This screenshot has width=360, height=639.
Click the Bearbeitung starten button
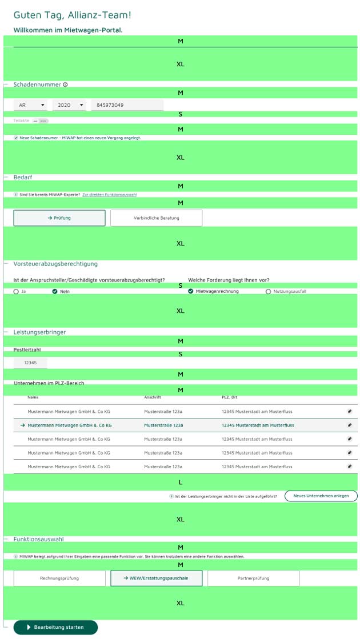[55, 627]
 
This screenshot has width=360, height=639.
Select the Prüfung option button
[59, 218]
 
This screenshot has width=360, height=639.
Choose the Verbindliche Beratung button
[156, 218]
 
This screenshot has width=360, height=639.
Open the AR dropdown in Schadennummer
[32, 105]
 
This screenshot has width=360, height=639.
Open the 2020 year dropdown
[70, 105]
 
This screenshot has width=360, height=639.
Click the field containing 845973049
[127, 105]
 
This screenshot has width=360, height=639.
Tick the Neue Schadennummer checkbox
[16, 138]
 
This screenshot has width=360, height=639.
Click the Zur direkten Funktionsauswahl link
[109, 195]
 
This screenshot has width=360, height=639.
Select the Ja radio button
[16, 291]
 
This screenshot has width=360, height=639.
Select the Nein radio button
[55, 291]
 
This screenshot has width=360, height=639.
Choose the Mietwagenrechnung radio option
[191, 291]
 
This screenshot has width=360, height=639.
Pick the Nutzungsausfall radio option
[268, 291]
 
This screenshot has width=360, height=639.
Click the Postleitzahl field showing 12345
[30, 363]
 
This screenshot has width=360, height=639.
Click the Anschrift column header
[153, 397]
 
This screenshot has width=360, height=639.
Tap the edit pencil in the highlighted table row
[349, 425]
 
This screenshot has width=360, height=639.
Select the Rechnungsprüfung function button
[59, 578]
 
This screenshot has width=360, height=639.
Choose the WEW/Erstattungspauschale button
[156, 578]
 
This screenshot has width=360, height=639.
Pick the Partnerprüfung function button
[253, 578]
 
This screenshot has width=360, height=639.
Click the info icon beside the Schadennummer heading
[65, 85]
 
